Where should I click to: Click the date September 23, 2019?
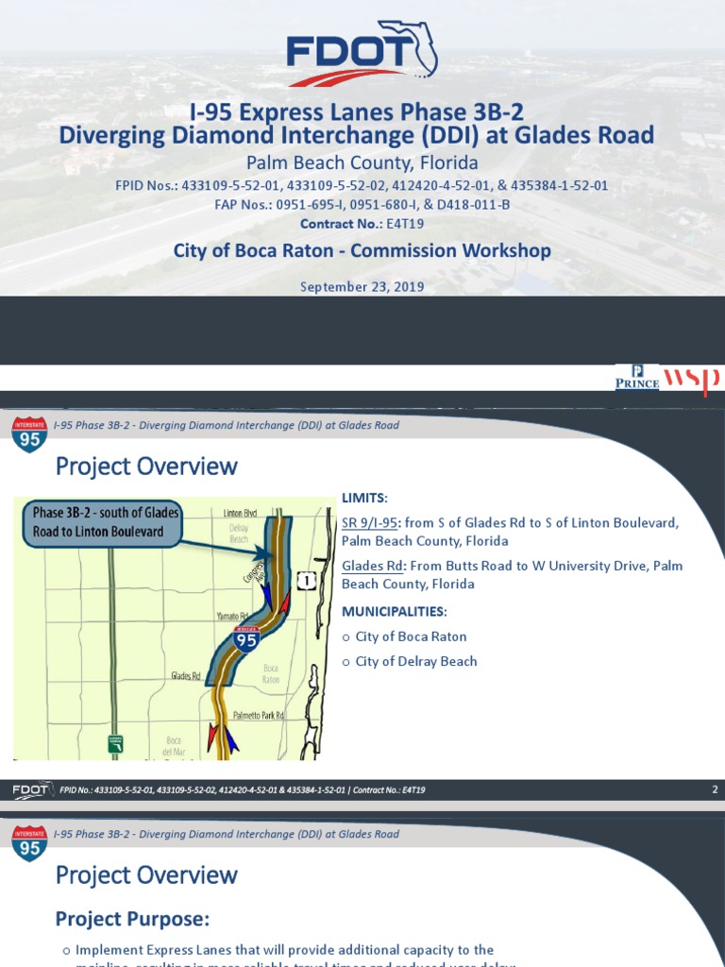362,287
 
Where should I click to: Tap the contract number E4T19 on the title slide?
406,224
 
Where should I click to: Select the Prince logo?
637,378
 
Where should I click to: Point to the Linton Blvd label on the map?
240,513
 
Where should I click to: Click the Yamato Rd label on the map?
230,616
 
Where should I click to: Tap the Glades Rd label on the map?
186,676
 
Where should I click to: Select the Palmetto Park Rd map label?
259,716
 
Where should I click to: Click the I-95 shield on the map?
246,639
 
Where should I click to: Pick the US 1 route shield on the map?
306,581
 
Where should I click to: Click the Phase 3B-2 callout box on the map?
98,522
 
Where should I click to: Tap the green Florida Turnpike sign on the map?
115,744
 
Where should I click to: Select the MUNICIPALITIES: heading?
394,612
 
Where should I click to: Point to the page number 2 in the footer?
715,789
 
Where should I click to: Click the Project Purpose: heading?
132,919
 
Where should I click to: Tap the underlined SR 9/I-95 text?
372,523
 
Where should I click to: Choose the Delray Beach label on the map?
238,534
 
